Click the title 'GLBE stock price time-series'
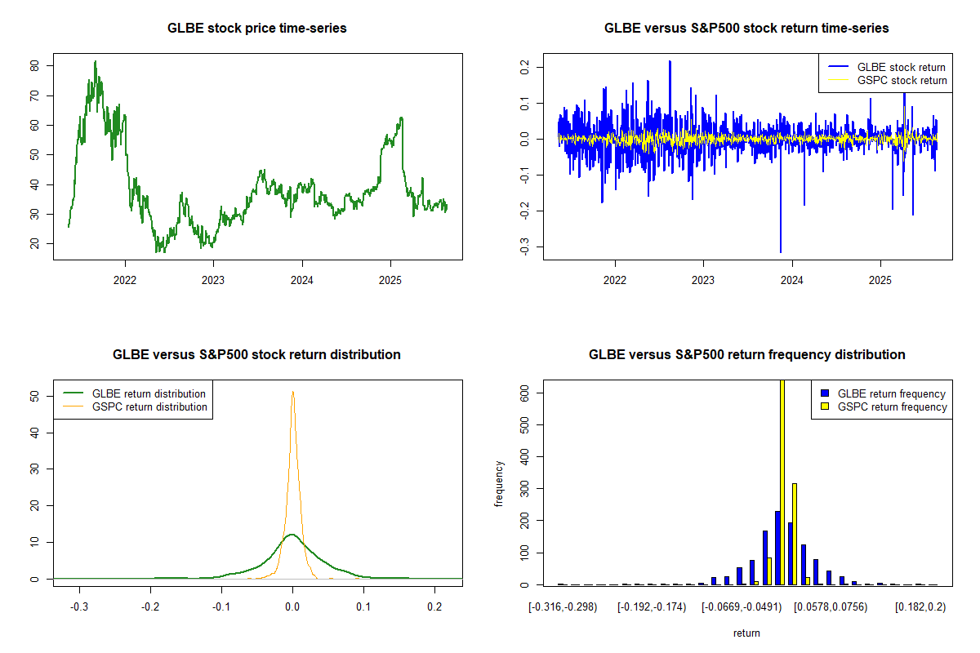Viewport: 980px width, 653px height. click(x=256, y=29)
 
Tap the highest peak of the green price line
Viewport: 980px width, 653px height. click(x=95, y=61)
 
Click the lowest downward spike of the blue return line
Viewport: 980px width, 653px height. click(x=780, y=251)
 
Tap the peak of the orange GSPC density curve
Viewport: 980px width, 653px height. click(x=292, y=392)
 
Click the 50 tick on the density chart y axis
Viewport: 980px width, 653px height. click(x=34, y=396)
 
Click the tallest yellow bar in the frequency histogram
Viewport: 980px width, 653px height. click(x=782, y=482)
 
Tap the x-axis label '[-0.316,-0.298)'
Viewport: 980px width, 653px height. click(x=563, y=607)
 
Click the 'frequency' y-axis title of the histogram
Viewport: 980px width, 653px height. click(x=500, y=483)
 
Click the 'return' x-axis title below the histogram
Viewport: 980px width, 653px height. click(x=746, y=633)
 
